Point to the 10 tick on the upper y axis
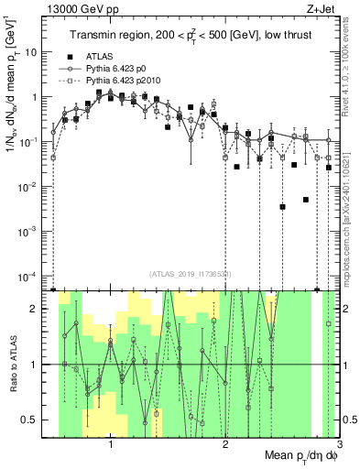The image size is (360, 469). (x=35, y=52)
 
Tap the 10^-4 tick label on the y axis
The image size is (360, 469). (x=32, y=276)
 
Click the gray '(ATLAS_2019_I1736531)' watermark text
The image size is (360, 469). (x=191, y=274)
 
